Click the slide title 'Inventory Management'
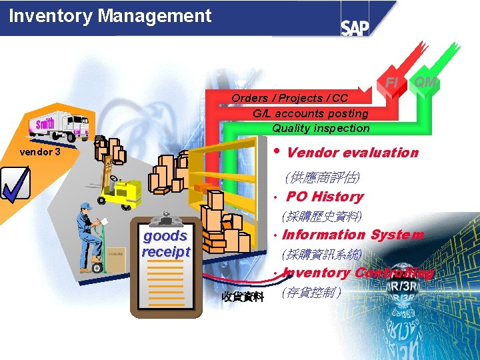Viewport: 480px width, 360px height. pos(110,16)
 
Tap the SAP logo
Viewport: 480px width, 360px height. pos(355,27)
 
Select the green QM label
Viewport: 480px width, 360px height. pos(425,82)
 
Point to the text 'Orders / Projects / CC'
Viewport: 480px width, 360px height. pos(289,99)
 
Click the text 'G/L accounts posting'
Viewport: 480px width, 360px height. pos(311,113)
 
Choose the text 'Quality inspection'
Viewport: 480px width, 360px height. pos(321,128)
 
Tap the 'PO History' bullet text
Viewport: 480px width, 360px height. pos(325,197)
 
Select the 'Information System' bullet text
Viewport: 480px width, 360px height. pos(353,235)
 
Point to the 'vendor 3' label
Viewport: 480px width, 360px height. pos(40,152)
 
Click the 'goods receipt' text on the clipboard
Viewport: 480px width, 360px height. pos(165,243)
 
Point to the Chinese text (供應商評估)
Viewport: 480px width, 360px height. pos(322,178)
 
